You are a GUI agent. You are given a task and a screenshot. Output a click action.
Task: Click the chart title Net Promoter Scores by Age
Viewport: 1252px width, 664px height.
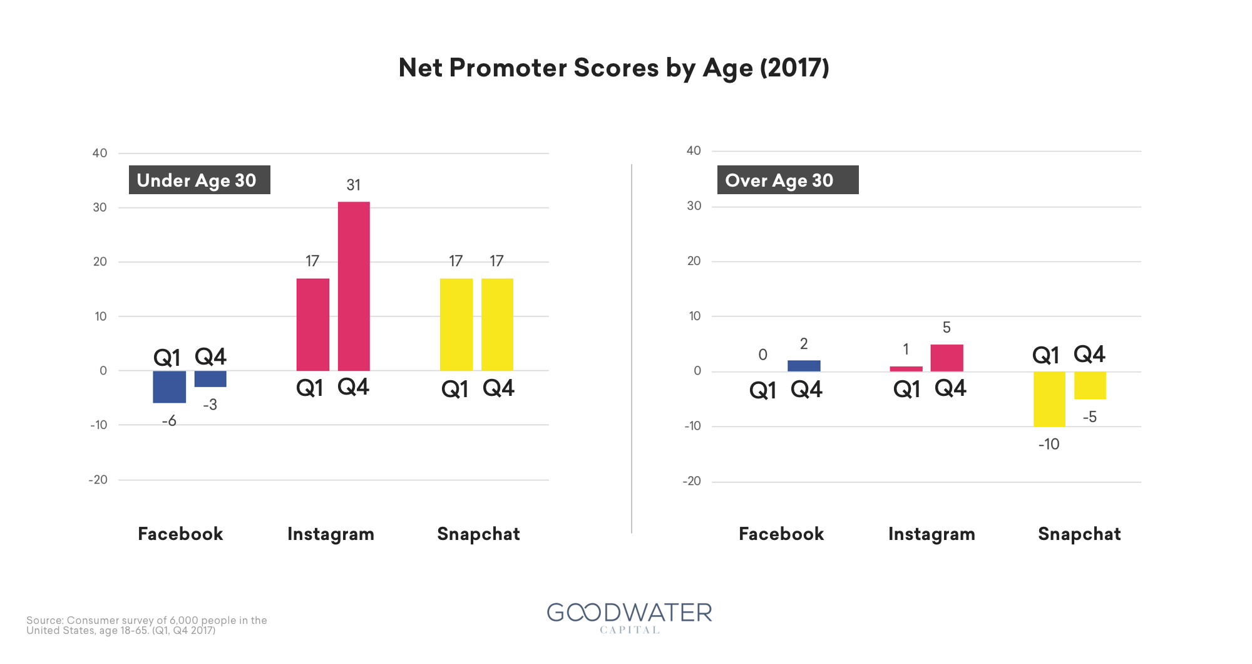pyautogui.click(x=613, y=68)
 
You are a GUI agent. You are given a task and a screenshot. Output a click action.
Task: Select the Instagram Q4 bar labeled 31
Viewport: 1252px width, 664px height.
pyautogui.click(x=354, y=286)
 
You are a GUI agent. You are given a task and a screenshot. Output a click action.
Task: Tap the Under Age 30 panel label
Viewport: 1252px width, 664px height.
pyautogui.click(x=199, y=180)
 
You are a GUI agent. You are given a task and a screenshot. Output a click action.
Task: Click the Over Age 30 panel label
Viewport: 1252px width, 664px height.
pyautogui.click(x=788, y=180)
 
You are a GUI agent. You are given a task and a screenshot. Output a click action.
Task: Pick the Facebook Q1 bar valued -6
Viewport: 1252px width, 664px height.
pyautogui.click(x=169, y=386)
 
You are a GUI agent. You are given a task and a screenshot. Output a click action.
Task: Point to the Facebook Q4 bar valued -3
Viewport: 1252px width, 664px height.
pyautogui.click(x=210, y=379)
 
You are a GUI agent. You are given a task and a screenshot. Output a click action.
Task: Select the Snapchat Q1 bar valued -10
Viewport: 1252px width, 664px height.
pyautogui.click(x=1049, y=399)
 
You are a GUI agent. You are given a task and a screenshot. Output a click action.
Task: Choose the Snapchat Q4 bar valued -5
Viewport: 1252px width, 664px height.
pyautogui.click(x=1090, y=385)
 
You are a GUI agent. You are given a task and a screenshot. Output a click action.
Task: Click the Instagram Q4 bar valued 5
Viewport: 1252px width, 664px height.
pyautogui.click(x=947, y=358)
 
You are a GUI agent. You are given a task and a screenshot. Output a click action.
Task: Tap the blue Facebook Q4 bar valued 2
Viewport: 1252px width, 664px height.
pyautogui.click(x=804, y=366)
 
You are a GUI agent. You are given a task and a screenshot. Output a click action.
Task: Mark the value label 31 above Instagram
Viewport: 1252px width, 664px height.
pyautogui.click(x=354, y=185)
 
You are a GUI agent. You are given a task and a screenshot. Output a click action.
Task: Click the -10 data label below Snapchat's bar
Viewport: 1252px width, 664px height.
pyautogui.click(x=1049, y=444)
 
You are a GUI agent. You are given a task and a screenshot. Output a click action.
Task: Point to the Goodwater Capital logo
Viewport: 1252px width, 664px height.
pyautogui.click(x=629, y=618)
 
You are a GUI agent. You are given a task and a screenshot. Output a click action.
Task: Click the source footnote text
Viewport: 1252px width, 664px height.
pyautogui.click(x=146, y=625)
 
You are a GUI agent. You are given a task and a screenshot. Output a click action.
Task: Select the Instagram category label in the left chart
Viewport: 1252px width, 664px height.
pyautogui.click(x=331, y=534)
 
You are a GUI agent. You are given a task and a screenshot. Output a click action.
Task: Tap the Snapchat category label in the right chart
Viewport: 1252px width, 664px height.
pyautogui.click(x=1079, y=534)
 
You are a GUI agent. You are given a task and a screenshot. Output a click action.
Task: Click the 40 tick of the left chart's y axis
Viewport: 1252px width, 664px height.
pyautogui.click(x=100, y=153)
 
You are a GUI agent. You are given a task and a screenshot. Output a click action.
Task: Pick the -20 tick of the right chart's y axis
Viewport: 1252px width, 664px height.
pyautogui.click(x=692, y=481)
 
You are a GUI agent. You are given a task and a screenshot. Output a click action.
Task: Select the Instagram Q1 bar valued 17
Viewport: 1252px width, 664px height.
pyautogui.click(x=312, y=324)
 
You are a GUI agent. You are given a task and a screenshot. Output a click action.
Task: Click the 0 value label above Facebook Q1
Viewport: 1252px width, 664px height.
pyautogui.click(x=762, y=355)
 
